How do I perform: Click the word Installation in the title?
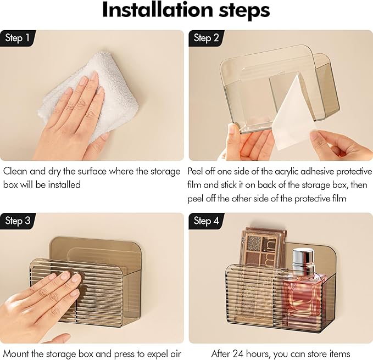(x=157, y=10)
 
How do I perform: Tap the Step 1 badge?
(x=18, y=38)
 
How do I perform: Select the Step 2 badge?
(x=206, y=38)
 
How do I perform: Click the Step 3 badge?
(x=18, y=221)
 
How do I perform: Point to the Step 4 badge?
(x=206, y=221)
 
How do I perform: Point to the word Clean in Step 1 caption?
(x=15, y=171)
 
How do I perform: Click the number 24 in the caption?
(x=238, y=354)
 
